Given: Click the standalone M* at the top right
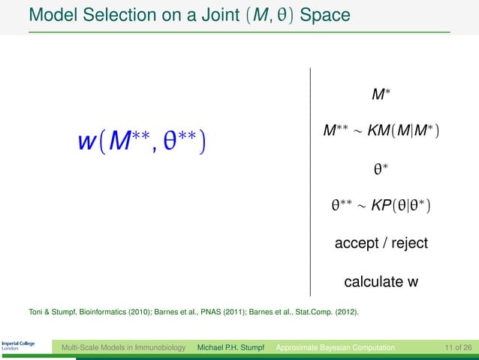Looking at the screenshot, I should pyautogui.click(x=381, y=95).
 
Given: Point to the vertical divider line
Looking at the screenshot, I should pyautogui.click(x=309, y=180).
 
